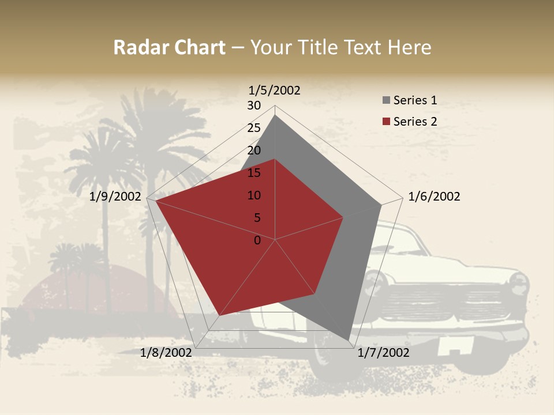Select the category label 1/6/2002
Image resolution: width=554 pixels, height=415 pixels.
pos(434,197)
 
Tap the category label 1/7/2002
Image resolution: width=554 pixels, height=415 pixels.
pos(383,353)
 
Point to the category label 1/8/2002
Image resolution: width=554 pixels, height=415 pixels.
pos(166,353)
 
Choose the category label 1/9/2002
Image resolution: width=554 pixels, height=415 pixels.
pos(115,197)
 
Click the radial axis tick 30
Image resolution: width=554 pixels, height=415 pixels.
pos(254,105)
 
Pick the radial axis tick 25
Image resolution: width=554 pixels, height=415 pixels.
pos(254,128)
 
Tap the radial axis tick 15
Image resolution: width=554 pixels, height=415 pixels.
pos(254,173)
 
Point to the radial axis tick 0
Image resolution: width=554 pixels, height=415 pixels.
pos(257,240)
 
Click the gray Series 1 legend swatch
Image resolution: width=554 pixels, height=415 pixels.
pos(386,101)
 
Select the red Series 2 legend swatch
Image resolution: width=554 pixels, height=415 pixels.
pos(386,122)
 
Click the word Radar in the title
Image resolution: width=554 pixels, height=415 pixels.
pos(139,47)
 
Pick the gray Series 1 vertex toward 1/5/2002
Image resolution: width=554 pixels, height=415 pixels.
pos(275,115)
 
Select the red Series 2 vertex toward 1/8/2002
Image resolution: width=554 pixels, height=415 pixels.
pos(219,315)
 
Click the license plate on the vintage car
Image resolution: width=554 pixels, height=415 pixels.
pos(455,346)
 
